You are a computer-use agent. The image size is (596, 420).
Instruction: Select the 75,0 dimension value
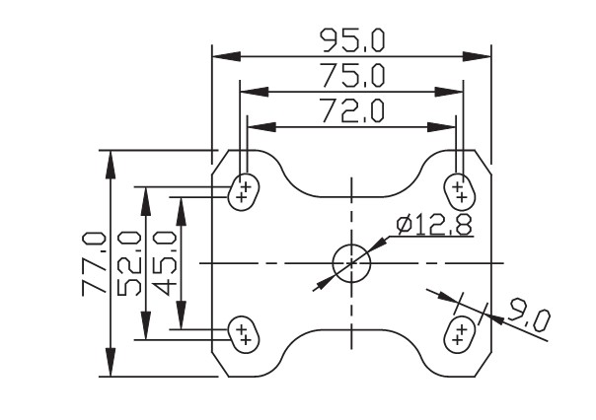[x=352, y=76]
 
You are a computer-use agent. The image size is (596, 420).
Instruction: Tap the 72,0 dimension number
[x=351, y=110]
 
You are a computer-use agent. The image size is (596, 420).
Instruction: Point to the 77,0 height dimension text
[x=95, y=263]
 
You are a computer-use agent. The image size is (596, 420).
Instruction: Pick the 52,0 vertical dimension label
[x=128, y=263]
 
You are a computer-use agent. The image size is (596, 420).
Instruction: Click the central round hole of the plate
[x=351, y=262]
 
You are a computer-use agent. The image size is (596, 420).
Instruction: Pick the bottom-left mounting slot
[x=243, y=333]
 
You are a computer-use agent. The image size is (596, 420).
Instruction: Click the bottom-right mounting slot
[x=459, y=333]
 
